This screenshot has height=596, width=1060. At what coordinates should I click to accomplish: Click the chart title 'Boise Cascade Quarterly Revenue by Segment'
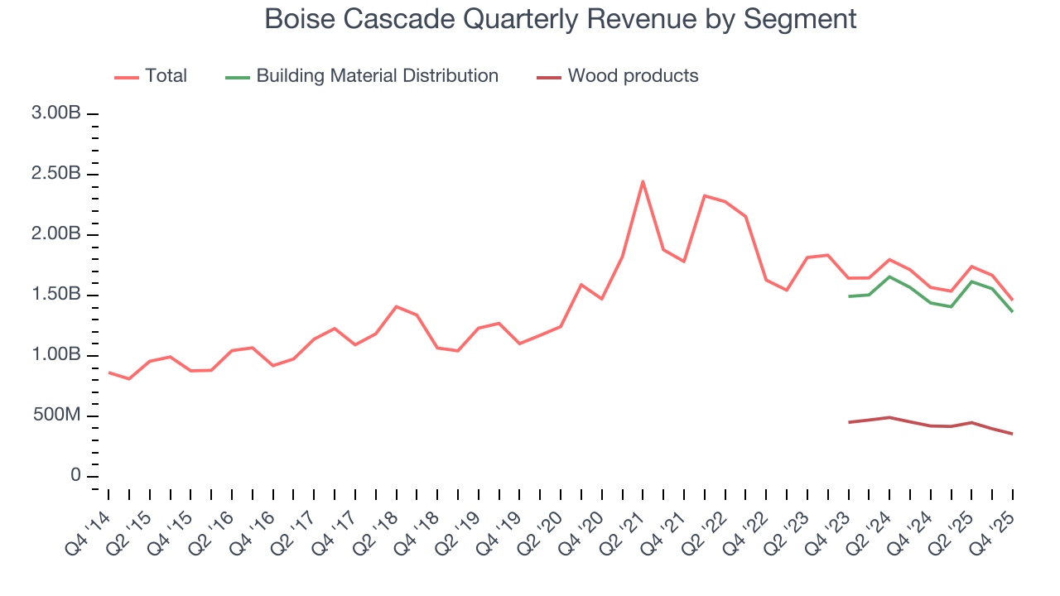coord(560,18)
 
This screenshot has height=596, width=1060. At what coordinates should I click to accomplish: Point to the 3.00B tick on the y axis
coord(56,113)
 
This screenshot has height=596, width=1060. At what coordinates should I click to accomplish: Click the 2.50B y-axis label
coord(56,174)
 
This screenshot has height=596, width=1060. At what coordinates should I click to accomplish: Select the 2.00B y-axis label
coord(56,234)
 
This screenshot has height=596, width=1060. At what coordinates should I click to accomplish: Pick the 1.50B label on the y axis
coord(56,295)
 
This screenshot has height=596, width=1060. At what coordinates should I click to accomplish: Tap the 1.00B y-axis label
coord(56,355)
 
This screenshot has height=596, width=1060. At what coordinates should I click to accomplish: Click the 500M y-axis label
coord(56,416)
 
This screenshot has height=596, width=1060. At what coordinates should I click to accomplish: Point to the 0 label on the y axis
coord(75,476)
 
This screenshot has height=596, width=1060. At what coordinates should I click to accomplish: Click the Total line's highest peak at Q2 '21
coord(643,181)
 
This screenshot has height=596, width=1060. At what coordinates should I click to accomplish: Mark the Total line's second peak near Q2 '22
coord(704,195)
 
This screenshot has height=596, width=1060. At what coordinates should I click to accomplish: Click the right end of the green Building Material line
coord(1012,312)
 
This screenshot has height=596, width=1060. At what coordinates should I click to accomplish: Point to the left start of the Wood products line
coord(849,422)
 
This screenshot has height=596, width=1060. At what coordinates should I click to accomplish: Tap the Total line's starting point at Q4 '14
coord(108,372)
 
